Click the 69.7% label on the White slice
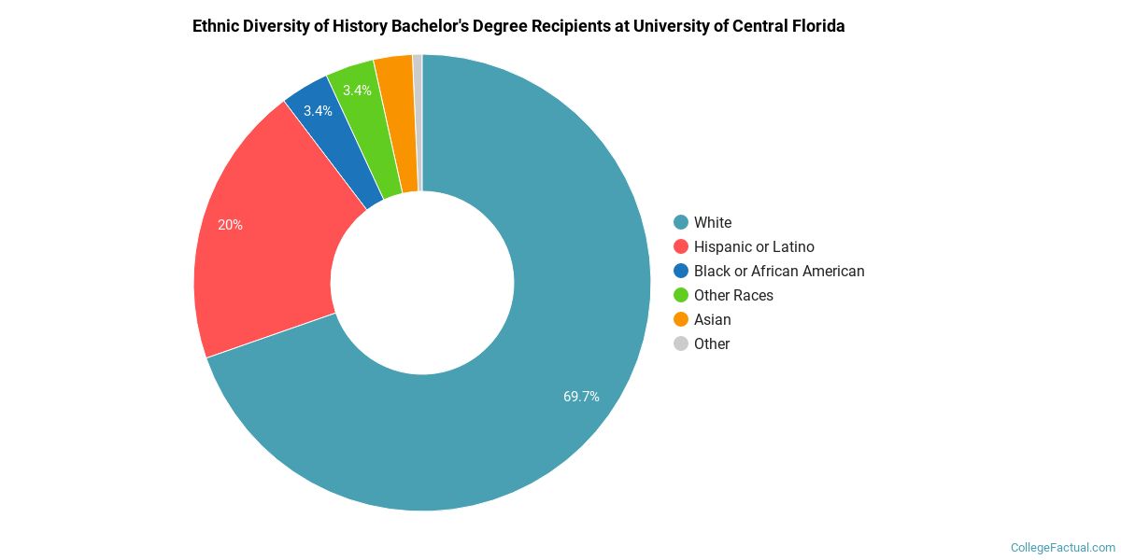click(x=581, y=397)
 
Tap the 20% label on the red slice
click(x=230, y=225)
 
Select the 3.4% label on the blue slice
click(x=318, y=111)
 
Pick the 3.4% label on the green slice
click(x=357, y=91)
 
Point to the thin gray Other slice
click(x=418, y=121)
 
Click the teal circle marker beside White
click(x=681, y=222)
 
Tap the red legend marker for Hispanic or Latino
click(x=681, y=246)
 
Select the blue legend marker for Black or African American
click(x=681, y=271)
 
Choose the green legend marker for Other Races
click(x=681, y=295)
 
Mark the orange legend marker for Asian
click(x=681, y=319)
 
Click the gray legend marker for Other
click(x=681, y=343)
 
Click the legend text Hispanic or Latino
click(x=754, y=246)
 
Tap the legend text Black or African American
click(x=779, y=271)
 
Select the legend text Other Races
click(x=733, y=295)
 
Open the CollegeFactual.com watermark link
click(x=1063, y=548)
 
